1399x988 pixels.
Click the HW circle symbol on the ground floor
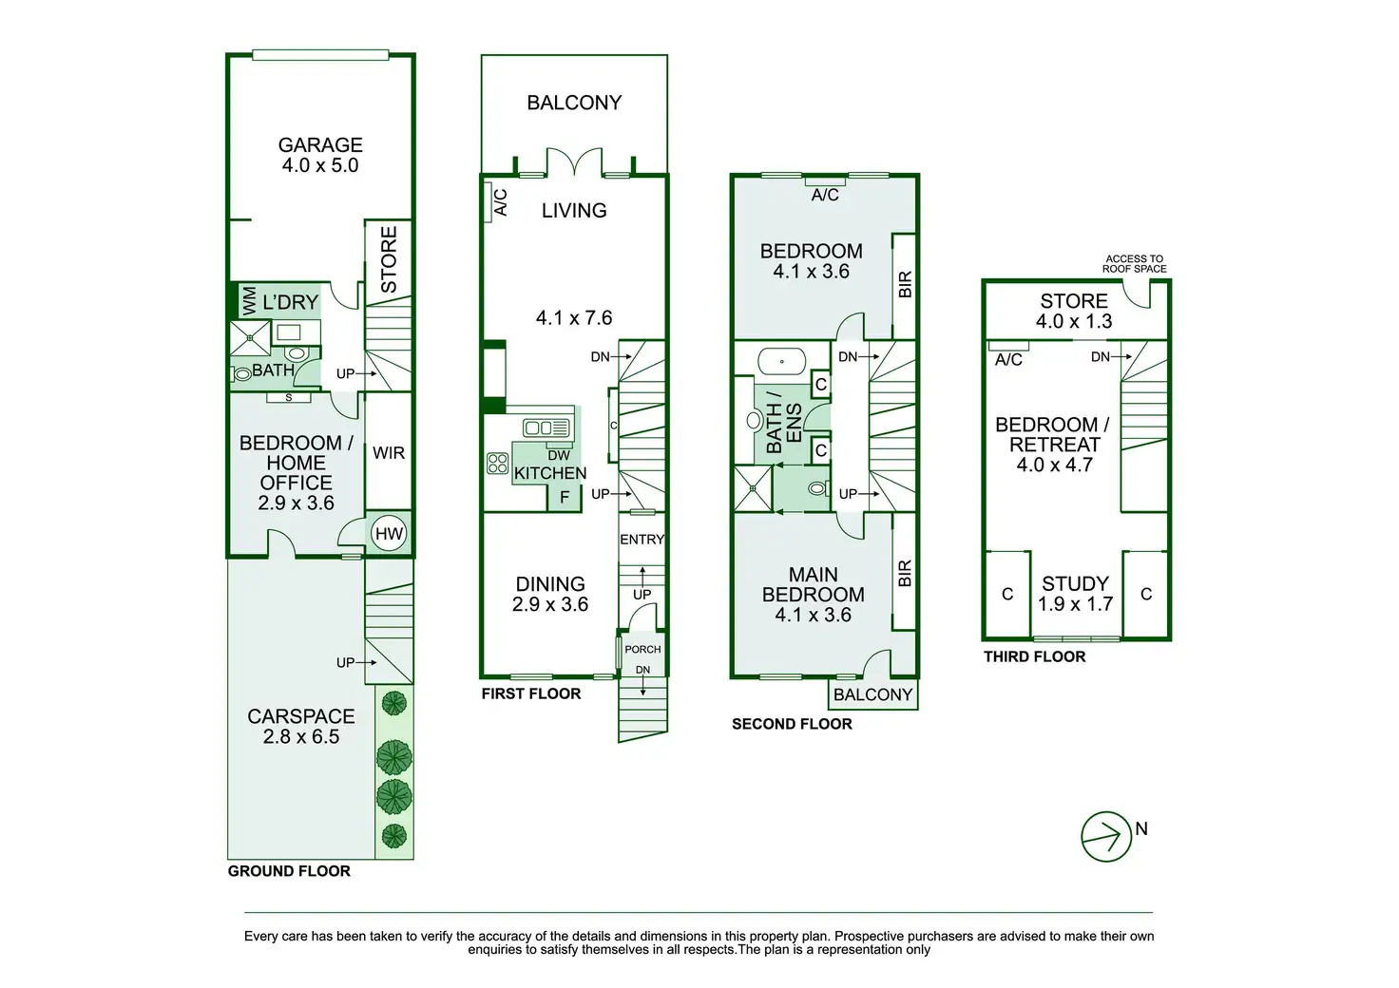coord(389,534)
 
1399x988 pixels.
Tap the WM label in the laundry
coord(249,301)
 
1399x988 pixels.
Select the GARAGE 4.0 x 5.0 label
coord(320,155)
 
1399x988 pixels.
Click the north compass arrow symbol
coord(1106,837)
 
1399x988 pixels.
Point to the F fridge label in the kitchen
coord(565,497)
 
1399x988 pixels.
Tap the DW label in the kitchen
coord(559,456)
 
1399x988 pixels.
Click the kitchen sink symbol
coord(546,428)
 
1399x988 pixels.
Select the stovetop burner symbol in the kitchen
coord(498,464)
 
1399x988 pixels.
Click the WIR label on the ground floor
coord(389,453)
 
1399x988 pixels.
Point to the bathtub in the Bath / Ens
coord(781,362)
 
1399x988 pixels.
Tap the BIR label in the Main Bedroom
coord(904,573)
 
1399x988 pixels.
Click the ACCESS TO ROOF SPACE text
coord(1134,264)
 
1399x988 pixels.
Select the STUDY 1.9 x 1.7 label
coord(1075,594)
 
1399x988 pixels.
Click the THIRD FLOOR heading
coord(1034,656)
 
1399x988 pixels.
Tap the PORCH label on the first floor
coord(642,650)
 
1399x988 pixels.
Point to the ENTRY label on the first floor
coord(642,540)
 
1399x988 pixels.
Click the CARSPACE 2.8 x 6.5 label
coord(301,727)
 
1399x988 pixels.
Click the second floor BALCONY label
coord(872,695)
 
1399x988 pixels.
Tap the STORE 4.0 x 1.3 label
coord(1074,312)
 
